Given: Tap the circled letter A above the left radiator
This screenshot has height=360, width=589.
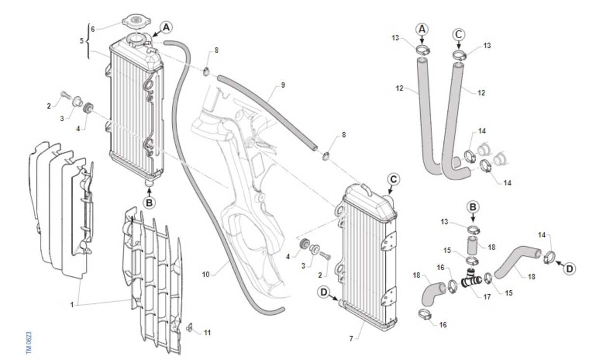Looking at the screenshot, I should (166, 28).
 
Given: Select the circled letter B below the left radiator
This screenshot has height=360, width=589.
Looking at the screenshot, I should (150, 201).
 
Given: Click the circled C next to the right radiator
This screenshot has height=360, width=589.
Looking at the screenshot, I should (393, 179).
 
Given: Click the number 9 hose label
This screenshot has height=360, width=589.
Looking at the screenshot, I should (283, 85).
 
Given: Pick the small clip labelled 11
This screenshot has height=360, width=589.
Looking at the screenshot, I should (191, 326).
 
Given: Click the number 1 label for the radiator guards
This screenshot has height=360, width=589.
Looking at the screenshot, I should (72, 305).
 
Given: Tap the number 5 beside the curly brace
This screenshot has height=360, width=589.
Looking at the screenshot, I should (81, 41).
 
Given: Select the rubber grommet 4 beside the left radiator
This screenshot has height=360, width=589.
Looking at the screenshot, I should (89, 108).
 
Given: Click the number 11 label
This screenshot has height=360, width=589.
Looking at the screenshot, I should (207, 333).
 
